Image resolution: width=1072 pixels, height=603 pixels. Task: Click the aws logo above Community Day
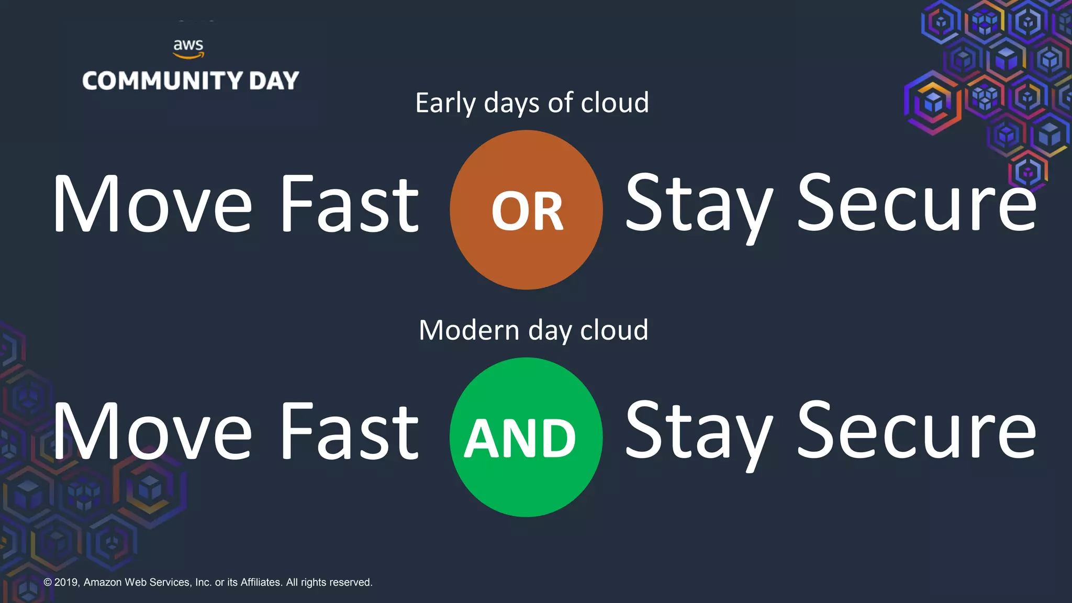(188, 48)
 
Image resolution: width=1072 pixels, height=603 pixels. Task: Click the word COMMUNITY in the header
(163, 81)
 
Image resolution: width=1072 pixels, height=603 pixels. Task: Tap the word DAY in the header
(274, 81)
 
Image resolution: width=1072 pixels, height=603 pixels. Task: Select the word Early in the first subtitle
(445, 103)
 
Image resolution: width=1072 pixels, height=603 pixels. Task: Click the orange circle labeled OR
(526, 210)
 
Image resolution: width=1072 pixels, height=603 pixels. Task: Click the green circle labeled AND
(526, 437)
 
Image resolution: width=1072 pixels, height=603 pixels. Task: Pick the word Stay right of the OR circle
(699, 205)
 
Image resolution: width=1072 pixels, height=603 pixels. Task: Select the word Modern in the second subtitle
(469, 330)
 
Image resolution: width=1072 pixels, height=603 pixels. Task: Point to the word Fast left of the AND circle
(350, 432)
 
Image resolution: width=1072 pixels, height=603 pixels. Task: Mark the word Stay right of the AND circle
(699, 433)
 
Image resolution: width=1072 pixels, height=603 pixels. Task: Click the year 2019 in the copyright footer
(66, 582)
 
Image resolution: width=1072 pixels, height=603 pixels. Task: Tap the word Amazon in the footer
(103, 582)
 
